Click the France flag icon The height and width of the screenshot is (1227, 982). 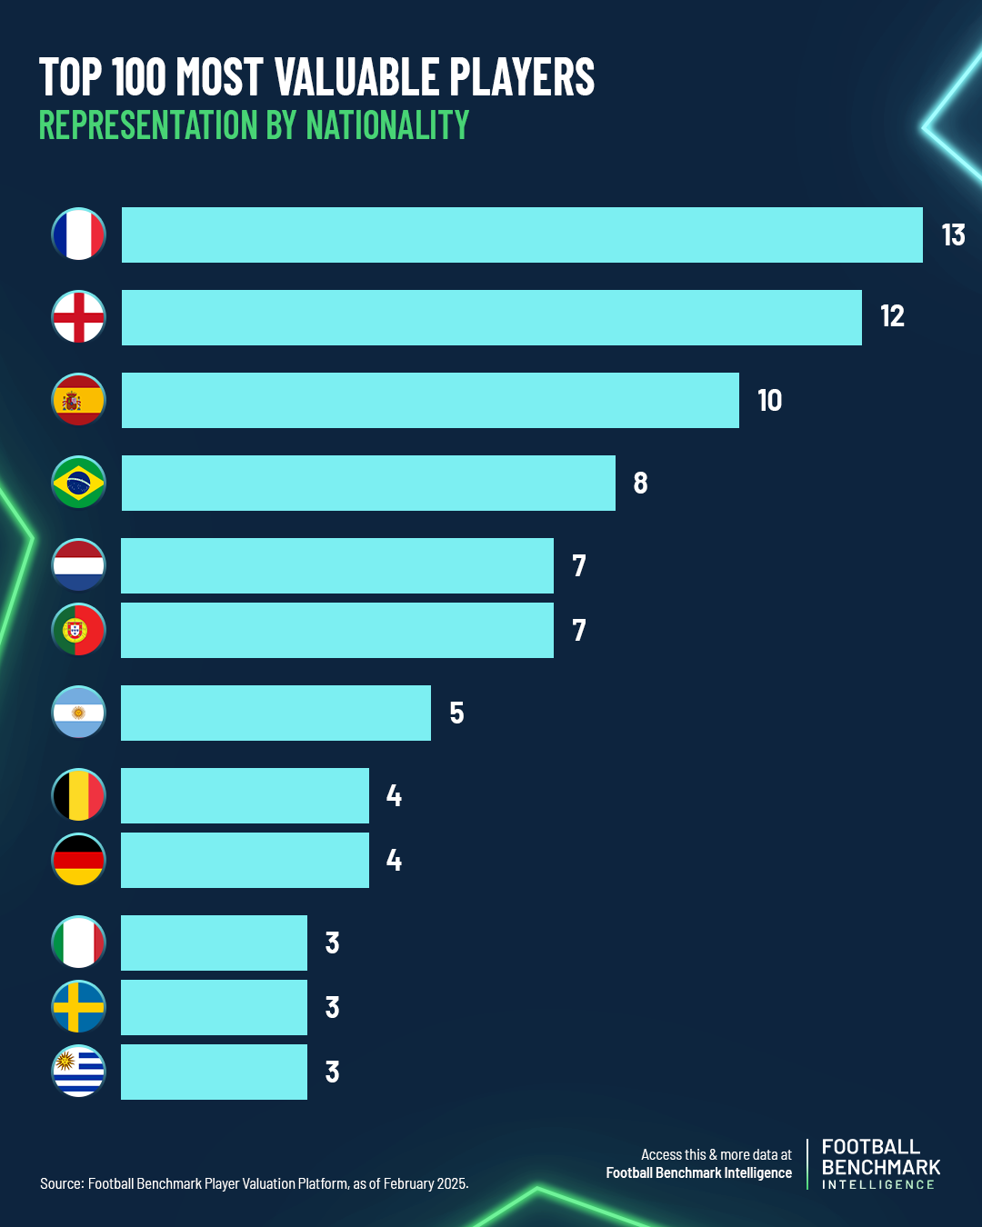[x=78, y=234]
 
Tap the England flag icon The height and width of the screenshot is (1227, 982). [x=78, y=317]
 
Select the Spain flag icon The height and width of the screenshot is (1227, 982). [x=78, y=400]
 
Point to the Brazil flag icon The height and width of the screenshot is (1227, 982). [x=78, y=483]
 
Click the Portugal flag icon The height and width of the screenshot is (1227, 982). [x=78, y=630]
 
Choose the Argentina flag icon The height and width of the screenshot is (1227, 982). [x=78, y=713]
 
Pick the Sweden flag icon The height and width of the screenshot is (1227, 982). [x=78, y=1007]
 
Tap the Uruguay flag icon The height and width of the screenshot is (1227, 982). [x=78, y=1072]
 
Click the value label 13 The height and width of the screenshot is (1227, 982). [x=953, y=235]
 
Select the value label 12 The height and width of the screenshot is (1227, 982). [x=892, y=316]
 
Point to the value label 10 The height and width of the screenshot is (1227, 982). [x=769, y=401]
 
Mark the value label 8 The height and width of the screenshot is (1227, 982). [x=640, y=484]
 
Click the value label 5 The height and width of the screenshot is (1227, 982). [x=456, y=713]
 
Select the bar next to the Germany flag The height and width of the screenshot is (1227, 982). [x=245, y=860]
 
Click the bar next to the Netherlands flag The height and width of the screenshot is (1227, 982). [x=336, y=565]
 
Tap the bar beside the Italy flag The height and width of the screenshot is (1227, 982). [x=214, y=943]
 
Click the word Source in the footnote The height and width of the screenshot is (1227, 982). [x=60, y=1183]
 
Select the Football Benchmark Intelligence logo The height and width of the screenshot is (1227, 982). [x=880, y=1164]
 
